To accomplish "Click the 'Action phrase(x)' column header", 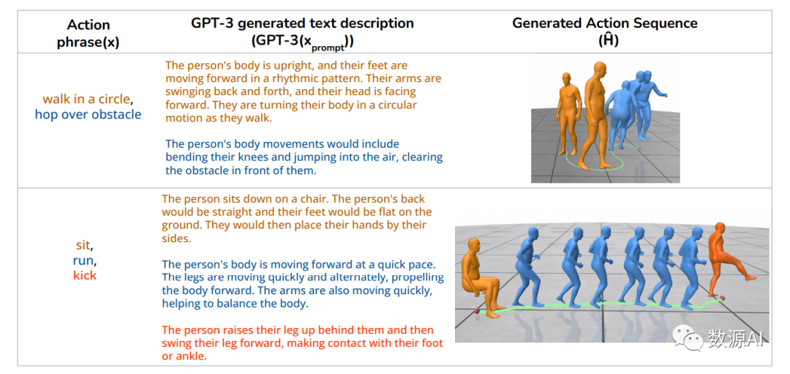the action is tap(89, 33).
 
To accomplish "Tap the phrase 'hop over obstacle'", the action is tap(89, 114).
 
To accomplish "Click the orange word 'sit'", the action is tap(83, 246).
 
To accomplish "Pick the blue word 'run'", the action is tap(83, 261).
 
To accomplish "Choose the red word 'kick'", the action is tap(84, 275).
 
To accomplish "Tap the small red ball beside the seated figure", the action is tap(476, 310).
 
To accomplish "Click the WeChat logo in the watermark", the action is tap(690, 336).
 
